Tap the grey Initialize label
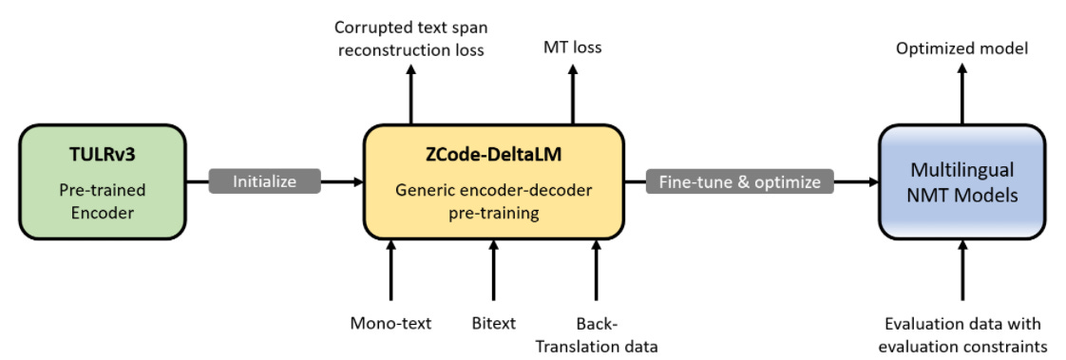point(266,180)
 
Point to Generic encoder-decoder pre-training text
point(493,201)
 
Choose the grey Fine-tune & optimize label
point(739,180)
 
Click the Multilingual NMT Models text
point(962,182)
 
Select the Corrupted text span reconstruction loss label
point(410,38)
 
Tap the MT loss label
point(572,47)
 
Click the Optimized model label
point(961,47)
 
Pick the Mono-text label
point(390,324)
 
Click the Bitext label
point(493,324)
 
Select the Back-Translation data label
point(596,333)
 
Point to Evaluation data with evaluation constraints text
point(963,333)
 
